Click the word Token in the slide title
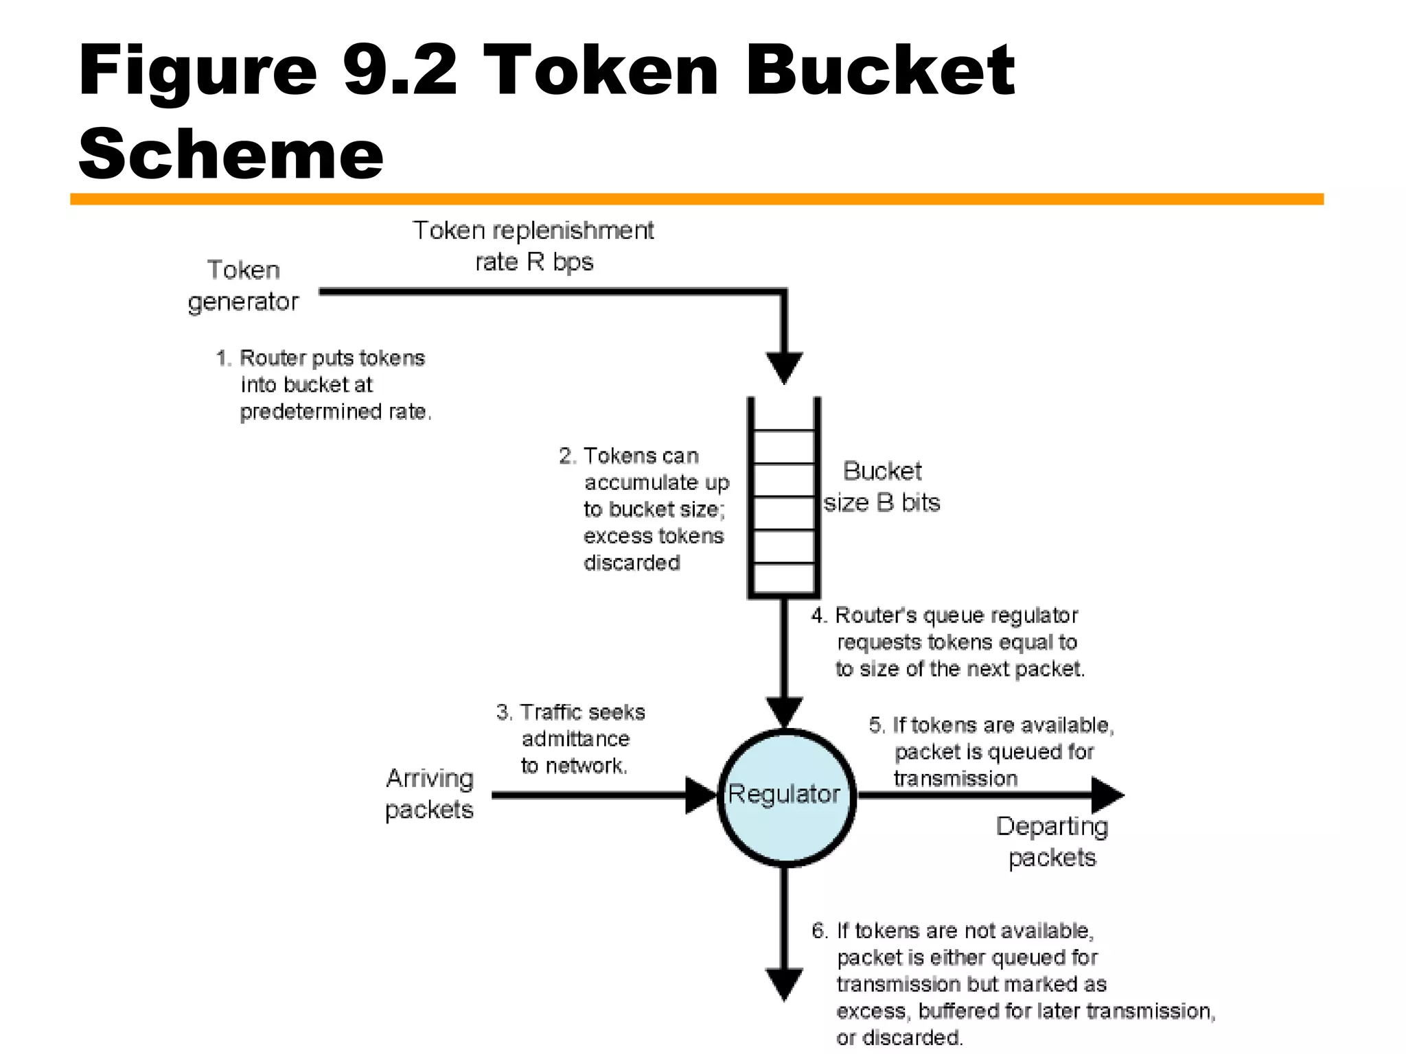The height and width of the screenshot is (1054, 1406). click(x=601, y=71)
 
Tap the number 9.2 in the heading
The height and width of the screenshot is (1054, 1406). click(x=399, y=71)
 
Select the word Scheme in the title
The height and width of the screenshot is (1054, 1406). click(x=231, y=154)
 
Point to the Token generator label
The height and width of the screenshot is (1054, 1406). click(x=244, y=286)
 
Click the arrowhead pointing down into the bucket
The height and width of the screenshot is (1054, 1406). click(x=784, y=367)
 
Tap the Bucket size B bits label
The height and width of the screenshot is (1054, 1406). click(x=881, y=487)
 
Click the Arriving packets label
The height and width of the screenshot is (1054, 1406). click(x=429, y=794)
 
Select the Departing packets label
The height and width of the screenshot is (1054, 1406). click(x=1052, y=842)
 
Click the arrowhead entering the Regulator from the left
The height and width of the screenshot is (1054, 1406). click(x=701, y=796)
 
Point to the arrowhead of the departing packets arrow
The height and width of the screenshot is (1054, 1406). click(x=1107, y=796)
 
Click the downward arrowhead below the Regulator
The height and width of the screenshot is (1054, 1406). click(x=784, y=983)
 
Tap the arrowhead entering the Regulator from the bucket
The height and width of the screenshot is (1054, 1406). click(x=784, y=712)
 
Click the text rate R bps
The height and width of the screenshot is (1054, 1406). click(x=534, y=262)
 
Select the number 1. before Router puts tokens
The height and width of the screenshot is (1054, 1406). click(x=223, y=358)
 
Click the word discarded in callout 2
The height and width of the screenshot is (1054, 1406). click(x=632, y=563)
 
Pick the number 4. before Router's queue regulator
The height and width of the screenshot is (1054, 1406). click(x=818, y=616)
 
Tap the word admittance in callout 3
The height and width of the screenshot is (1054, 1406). click(x=575, y=739)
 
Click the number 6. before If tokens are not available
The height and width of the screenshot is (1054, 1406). click(x=819, y=931)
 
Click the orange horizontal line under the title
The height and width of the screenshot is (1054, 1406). click(x=696, y=199)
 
